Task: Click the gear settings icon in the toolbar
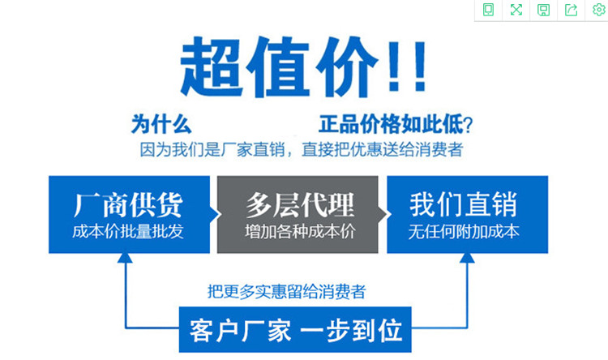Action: tap(599, 10)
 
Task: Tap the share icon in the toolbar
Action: tap(572, 10)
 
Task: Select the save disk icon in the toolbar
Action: tap(543, 10)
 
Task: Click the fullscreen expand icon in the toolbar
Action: tap(516, 10)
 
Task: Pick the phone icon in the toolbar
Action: tap(489, 10)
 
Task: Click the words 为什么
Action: tap(161, 125)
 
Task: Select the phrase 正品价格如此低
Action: tap(391, 125)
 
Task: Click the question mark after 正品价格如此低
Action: tap(468, 126)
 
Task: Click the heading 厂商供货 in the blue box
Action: tap(128, 205)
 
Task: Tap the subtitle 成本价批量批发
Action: tap(128, 232)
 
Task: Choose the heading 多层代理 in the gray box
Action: tap(300, 205)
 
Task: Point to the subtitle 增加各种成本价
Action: tap(300, 232)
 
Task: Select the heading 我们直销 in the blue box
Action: tap(464, 204)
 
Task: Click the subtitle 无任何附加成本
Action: tap(464, 232)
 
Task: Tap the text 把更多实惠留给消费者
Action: tap(286, 291)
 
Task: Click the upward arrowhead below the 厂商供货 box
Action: tap(125, 258)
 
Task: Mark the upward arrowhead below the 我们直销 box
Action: tap(467, 258)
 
